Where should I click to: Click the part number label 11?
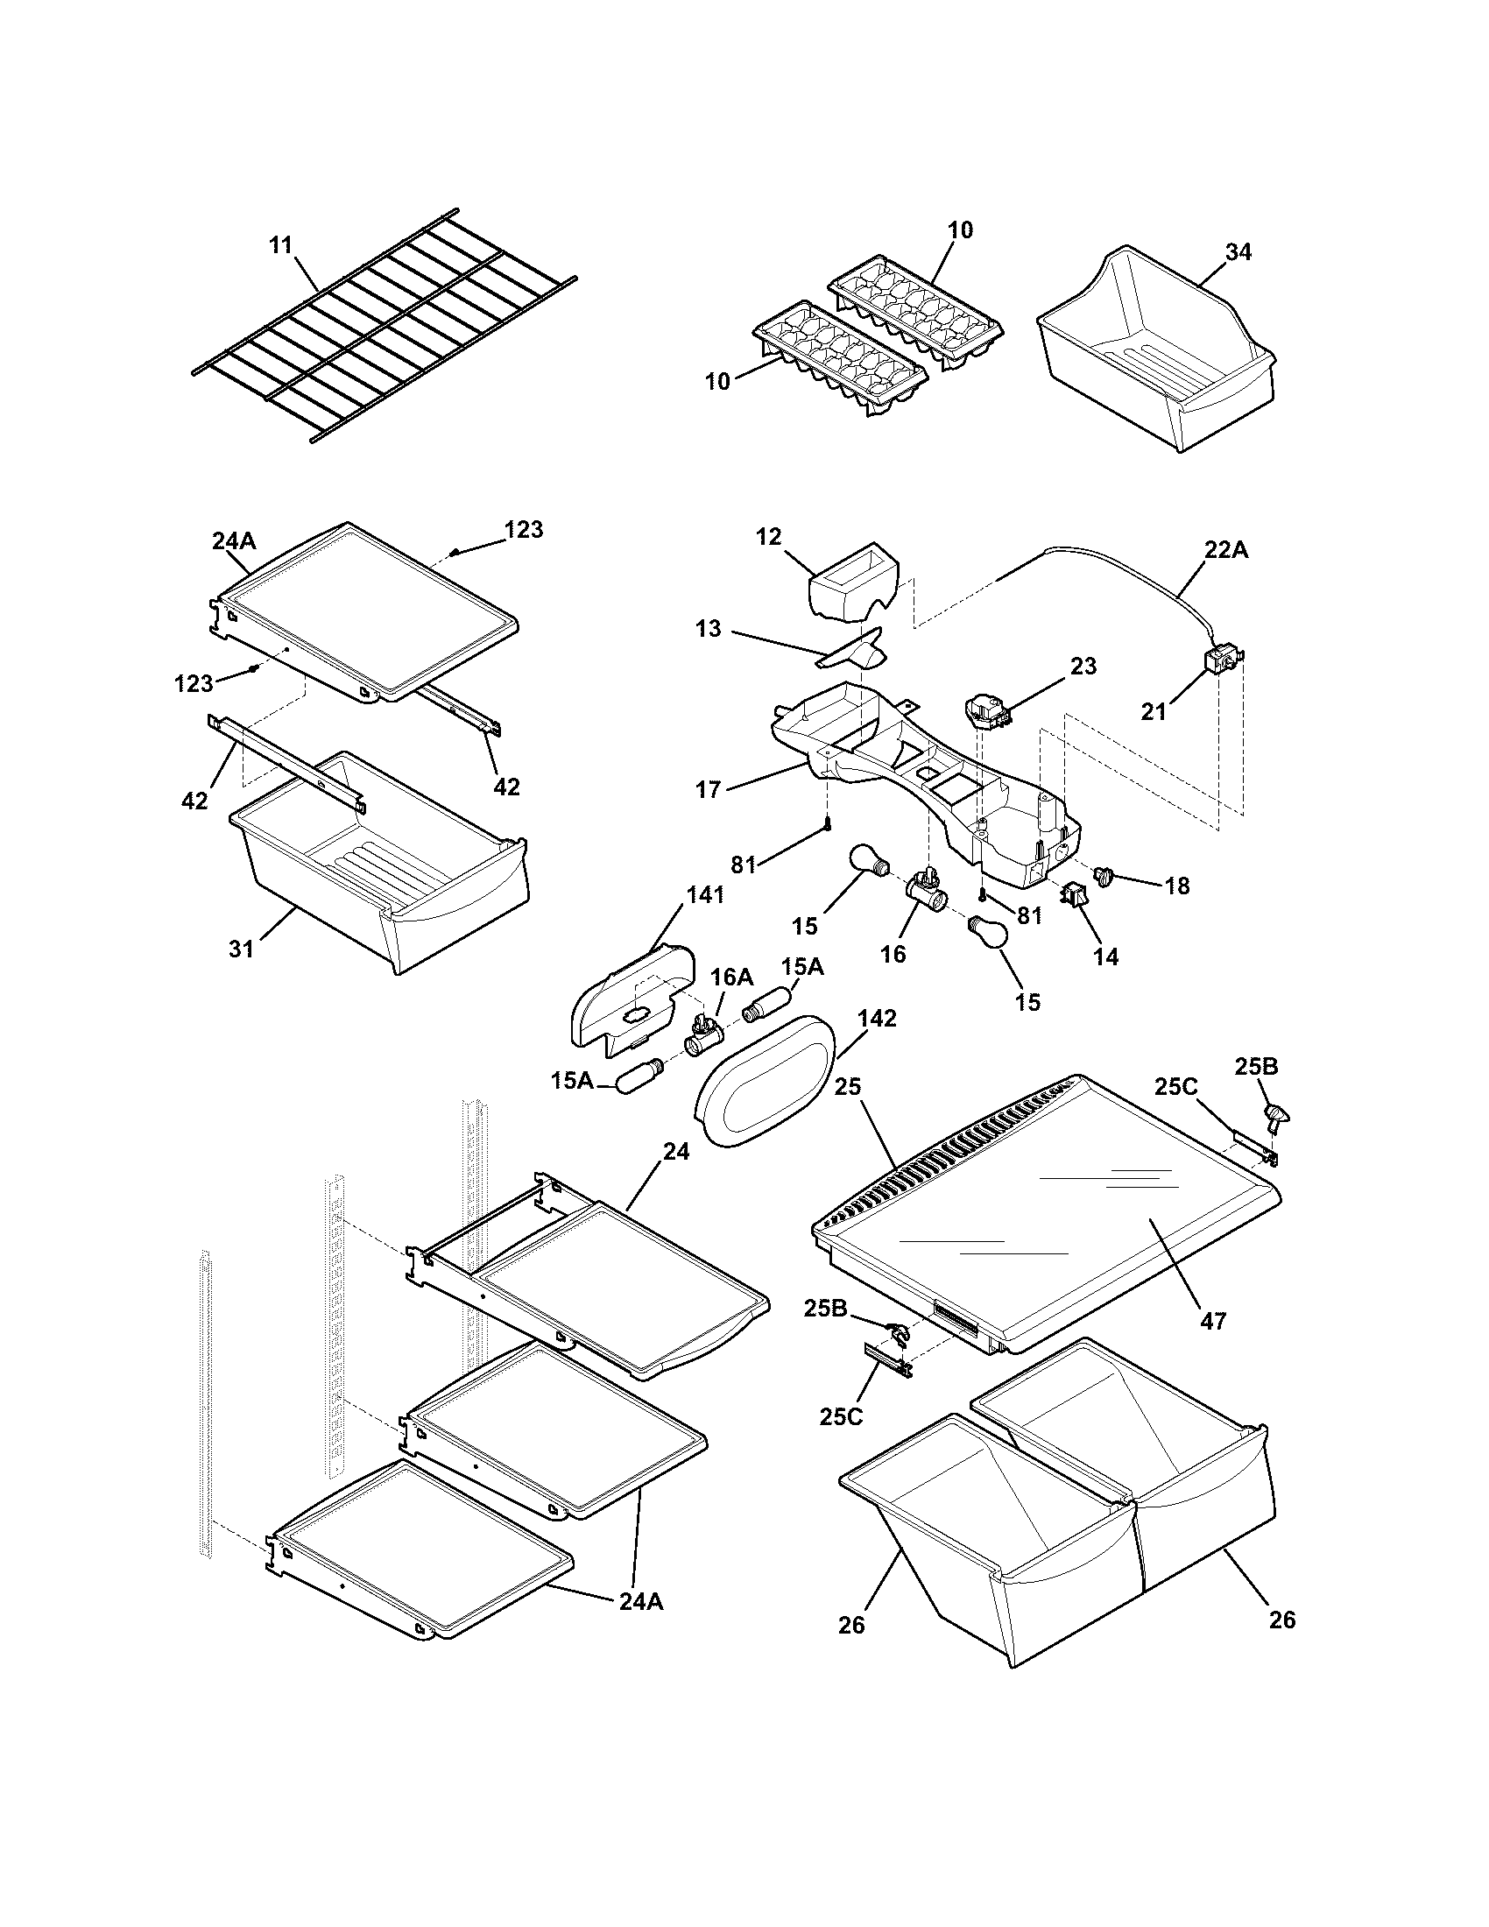click(x=280, y=244)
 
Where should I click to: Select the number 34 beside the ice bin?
click(x=1238, y=251)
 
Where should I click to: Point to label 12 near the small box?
click(x=768, y=536)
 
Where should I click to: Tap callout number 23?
click(x=1083, y=667)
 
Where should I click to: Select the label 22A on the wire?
click(x=1227, y=550)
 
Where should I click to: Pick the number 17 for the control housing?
click(x=709, y=789)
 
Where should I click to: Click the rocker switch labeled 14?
click(x=1075, y=895)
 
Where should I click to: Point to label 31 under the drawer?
click(x=241, y=949)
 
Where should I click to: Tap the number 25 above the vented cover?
click(x=847, y=1087)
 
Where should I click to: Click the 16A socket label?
click(x=732, y=977)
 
